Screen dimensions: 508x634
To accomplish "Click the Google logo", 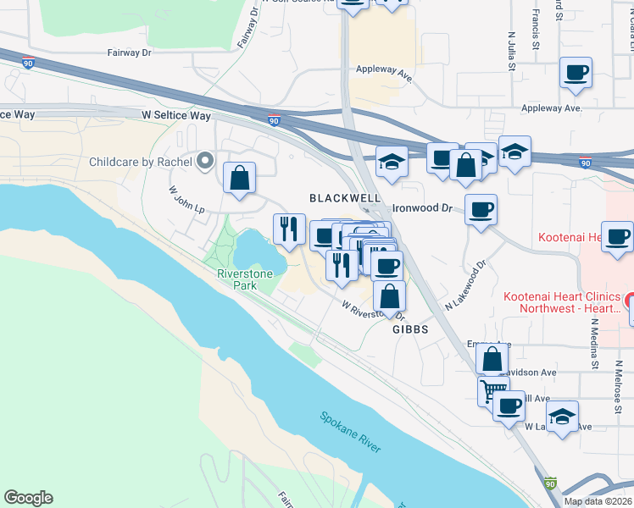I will (x=28, y=498).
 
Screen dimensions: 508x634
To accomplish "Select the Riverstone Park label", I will (x=248, y=279).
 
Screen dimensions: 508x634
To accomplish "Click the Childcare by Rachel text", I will (x=141, y=161).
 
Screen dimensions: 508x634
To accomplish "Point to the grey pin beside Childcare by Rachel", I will (x=204, y=160).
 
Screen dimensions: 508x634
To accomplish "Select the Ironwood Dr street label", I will (x=424, y=207).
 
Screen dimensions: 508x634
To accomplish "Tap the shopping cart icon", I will (x=492, y=391).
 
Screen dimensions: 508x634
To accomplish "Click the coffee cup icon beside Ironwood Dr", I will (x=481, y=208).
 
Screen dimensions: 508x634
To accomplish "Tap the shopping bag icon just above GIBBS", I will (x=389, y=295).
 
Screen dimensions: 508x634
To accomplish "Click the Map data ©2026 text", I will (x=598, y=501).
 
